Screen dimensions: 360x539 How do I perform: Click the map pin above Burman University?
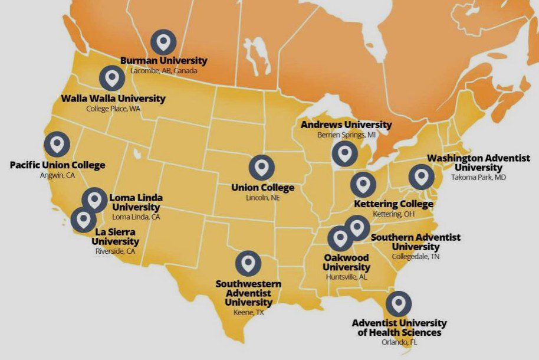tap(163, 42)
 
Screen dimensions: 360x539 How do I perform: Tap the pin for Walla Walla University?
tap(112, 78)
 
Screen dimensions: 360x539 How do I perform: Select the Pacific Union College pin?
tap(57, 145)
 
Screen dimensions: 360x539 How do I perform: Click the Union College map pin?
tap(261, 168)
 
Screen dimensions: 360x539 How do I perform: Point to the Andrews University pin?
tap(344, 153)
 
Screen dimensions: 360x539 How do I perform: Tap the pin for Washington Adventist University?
tap(421, 177)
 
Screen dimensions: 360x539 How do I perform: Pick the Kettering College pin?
tap(363, 185)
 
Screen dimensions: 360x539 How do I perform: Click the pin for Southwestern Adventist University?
tap(248, 263)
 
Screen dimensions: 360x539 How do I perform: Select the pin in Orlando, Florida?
tap(399, 304)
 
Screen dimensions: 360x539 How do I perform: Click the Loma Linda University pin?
tap(94, 199)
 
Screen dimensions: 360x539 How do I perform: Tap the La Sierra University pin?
tap(84, 220)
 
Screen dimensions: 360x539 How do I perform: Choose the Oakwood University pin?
tap(340, 238)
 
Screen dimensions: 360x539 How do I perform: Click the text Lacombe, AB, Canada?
tap(164, 70)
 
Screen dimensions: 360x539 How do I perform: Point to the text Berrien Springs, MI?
tap(346, 135)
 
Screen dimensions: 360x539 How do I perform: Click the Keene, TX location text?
tap(249, 313)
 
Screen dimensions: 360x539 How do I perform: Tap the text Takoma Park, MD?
tap(478, 177)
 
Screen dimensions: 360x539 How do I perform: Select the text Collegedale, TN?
tap(416, 257)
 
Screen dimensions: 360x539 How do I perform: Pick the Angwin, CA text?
tap(57, 175)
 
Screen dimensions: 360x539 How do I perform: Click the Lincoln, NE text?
tap(262, 198)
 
